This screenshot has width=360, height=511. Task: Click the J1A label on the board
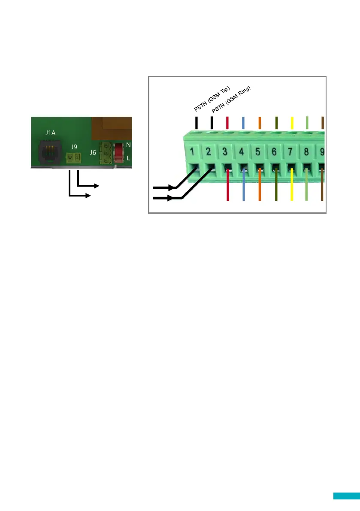pos(50,133)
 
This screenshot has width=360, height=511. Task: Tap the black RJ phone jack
pos(51,151)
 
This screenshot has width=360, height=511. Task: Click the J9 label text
pos(74,147)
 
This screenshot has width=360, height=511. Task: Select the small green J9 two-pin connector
pos(74,159)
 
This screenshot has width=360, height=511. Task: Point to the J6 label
pos(93,152)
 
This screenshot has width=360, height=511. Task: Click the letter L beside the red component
pos(128,159)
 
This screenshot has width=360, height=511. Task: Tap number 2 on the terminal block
pos(209,151)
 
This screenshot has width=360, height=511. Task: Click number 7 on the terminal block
pos(290,152)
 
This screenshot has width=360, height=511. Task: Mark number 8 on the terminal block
pos(306,152)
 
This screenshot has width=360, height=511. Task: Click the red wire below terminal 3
pos(227,189)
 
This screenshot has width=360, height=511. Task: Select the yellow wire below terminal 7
pos(292,189)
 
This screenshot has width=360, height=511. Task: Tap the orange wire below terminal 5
pos(260,189)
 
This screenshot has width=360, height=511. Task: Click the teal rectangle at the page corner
pos(346,496)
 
